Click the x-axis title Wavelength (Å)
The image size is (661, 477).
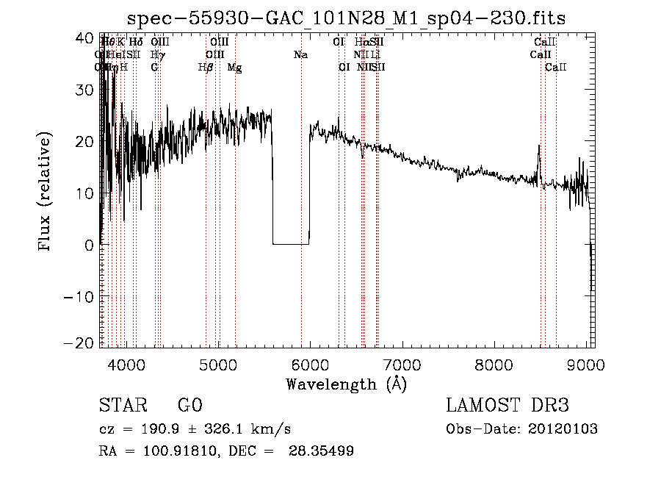(x=346, y=384)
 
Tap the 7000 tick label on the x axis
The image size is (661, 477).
(x=402, y=365)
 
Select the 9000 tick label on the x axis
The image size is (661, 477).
(x=585, y=365)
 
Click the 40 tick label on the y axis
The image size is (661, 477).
(x=85, y=37)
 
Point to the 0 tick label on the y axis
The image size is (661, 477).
(x=89, y=245)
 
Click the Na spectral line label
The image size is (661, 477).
(x=300, y=54)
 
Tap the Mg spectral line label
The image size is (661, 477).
(x=234, y=68)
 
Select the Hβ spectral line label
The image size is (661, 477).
(x=206, y=68)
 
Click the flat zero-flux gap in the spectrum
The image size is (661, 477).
(x=291, y=243)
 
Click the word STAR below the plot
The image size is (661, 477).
(x=122, y=406)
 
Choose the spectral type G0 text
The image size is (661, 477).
(x=189, y=406)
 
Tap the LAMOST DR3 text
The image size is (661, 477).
(x=508, y=406)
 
